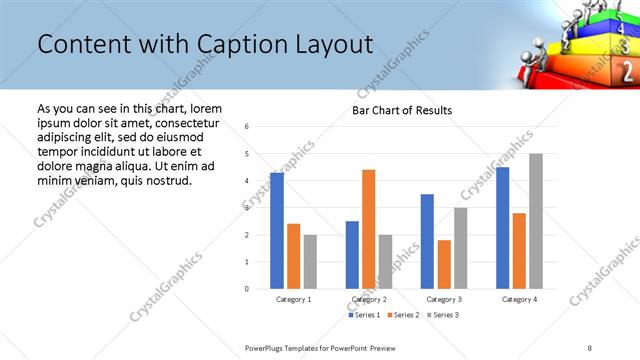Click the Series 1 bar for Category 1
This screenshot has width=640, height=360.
[277, 231]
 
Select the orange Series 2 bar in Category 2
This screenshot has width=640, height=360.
[369, 229]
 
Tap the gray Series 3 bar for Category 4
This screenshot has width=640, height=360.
[536, 221]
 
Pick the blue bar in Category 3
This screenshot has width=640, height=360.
[427, 241]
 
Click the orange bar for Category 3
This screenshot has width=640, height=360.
[444, 264]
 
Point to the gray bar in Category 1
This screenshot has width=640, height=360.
[310, 262]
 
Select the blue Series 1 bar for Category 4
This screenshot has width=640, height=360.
[502, 228]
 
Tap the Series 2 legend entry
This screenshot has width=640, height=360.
[404, 315]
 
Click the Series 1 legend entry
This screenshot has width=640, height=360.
[366, 315]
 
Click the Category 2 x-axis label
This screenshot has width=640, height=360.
[369, 299]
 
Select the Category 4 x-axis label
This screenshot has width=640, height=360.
[519, 299]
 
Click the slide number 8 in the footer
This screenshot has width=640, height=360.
[590, 347]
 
